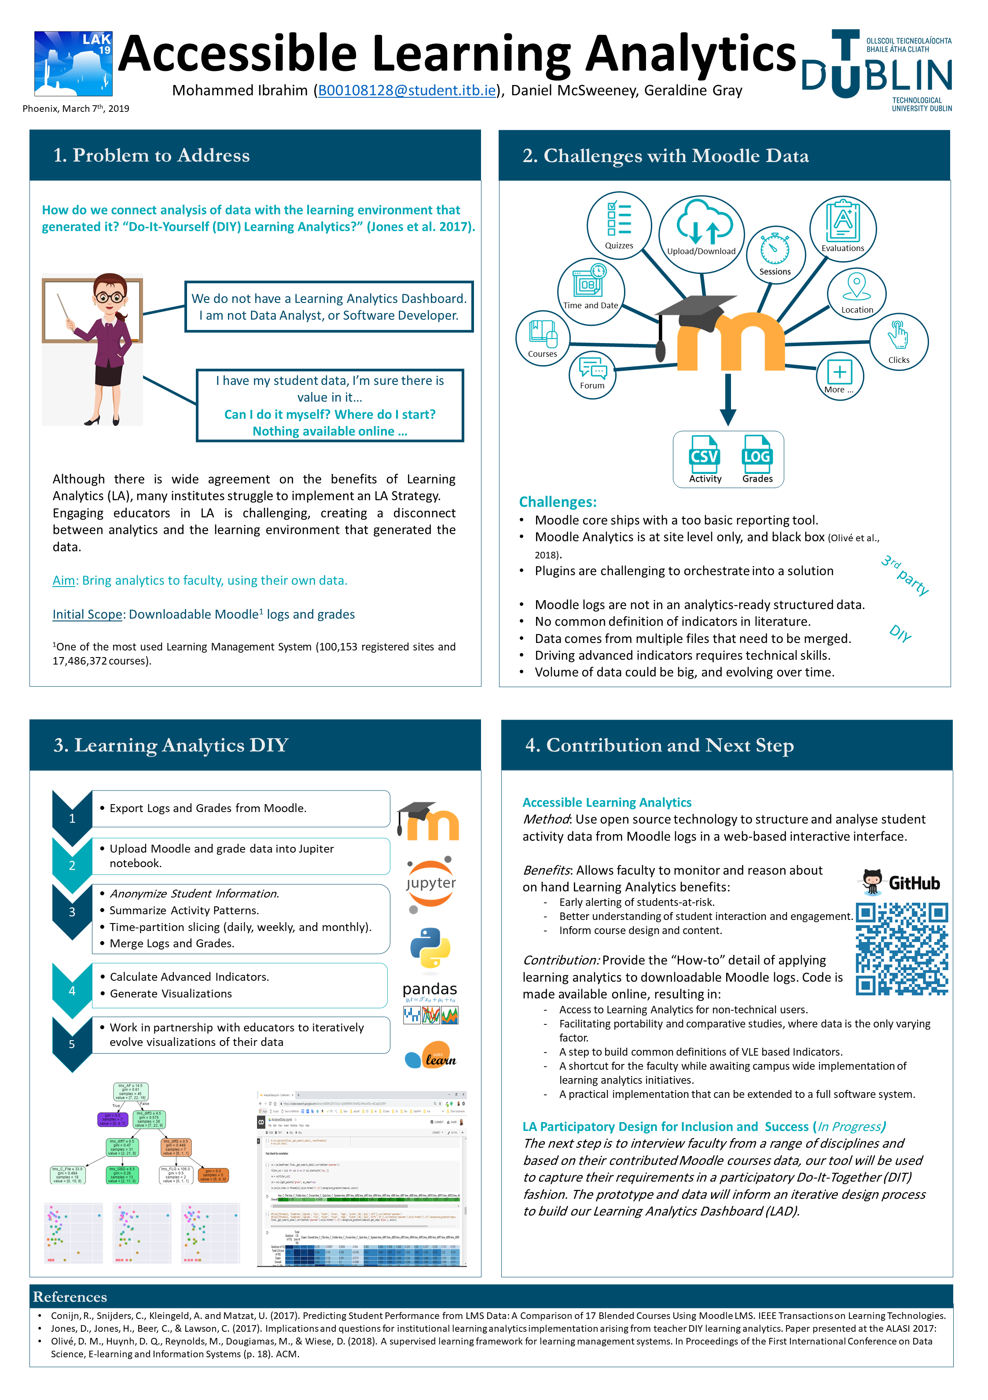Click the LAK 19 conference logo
pos(73,63)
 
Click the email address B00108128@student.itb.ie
pos(407,91)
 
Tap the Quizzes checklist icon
pos(619,219)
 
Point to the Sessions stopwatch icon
pos(774,249)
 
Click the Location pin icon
pos(856,285)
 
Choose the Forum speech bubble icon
pos(592,368)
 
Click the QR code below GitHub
pos(901,948)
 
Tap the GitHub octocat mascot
pos(872,881)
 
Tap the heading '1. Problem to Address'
pos(152,155)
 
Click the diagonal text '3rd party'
pos(904,575)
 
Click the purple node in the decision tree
pos(111,1119)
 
